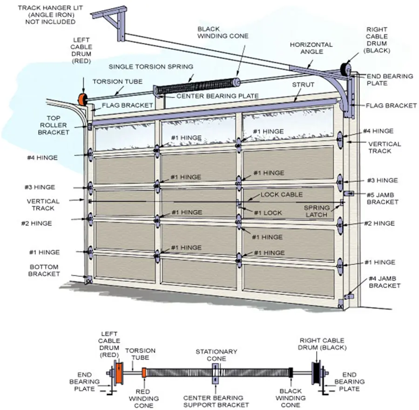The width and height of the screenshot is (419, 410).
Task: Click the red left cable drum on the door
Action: pos(82,99)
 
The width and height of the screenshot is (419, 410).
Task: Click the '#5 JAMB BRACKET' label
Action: pos(382,198)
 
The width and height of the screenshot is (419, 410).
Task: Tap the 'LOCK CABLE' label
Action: pos(281,194)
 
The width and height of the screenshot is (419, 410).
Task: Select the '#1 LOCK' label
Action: pos(268,212)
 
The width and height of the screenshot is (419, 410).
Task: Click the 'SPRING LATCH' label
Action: pos(317,211)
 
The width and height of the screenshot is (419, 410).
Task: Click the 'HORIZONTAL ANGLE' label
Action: pos(311,48)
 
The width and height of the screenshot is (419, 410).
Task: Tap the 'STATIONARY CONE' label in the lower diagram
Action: pos(216,355)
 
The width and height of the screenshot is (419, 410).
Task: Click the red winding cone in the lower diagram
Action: pos(144,372)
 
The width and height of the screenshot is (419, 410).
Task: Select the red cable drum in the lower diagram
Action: pos(120,373)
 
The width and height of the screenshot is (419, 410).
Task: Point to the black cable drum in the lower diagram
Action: pos(317,372)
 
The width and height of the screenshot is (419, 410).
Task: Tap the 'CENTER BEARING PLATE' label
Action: pos(217,96)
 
